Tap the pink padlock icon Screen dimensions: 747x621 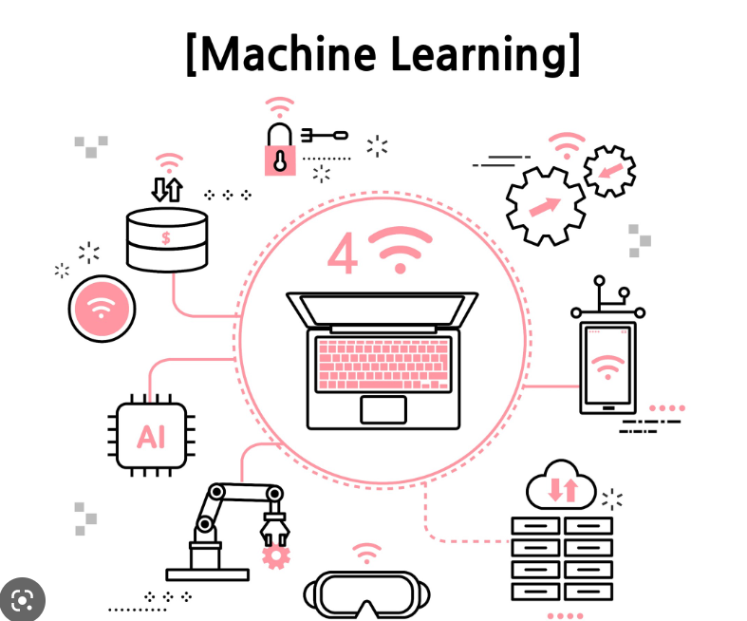280,149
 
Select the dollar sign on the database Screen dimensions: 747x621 166,237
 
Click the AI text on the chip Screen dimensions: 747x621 151,437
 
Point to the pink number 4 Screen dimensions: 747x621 343,254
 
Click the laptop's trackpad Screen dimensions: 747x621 383,409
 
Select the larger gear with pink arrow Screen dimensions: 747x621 546,205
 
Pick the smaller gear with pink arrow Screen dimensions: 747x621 609,171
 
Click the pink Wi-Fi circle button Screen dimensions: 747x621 102,309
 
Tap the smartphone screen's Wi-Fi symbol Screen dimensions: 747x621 607,366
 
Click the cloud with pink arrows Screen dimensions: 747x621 561,485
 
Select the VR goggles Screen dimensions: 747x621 366,594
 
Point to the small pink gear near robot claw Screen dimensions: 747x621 276,556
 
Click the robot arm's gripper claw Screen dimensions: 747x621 275,528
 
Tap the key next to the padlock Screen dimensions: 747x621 325,136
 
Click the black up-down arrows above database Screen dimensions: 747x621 167,189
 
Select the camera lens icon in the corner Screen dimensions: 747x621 23,600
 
